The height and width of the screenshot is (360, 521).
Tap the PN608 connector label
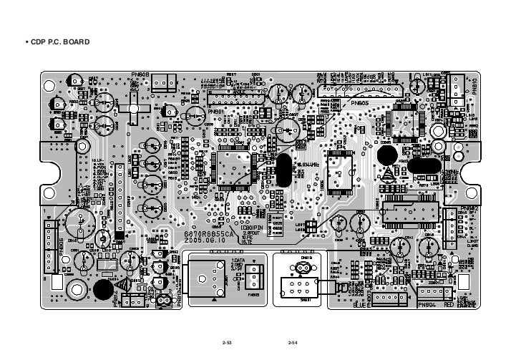[x=139, y=74]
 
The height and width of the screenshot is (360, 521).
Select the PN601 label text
[x=216, y=112]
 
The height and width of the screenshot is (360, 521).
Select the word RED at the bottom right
[x=449, y=305]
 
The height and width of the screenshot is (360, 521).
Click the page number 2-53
[x=228, y=345]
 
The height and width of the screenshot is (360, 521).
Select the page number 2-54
[x=292, y=345]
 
